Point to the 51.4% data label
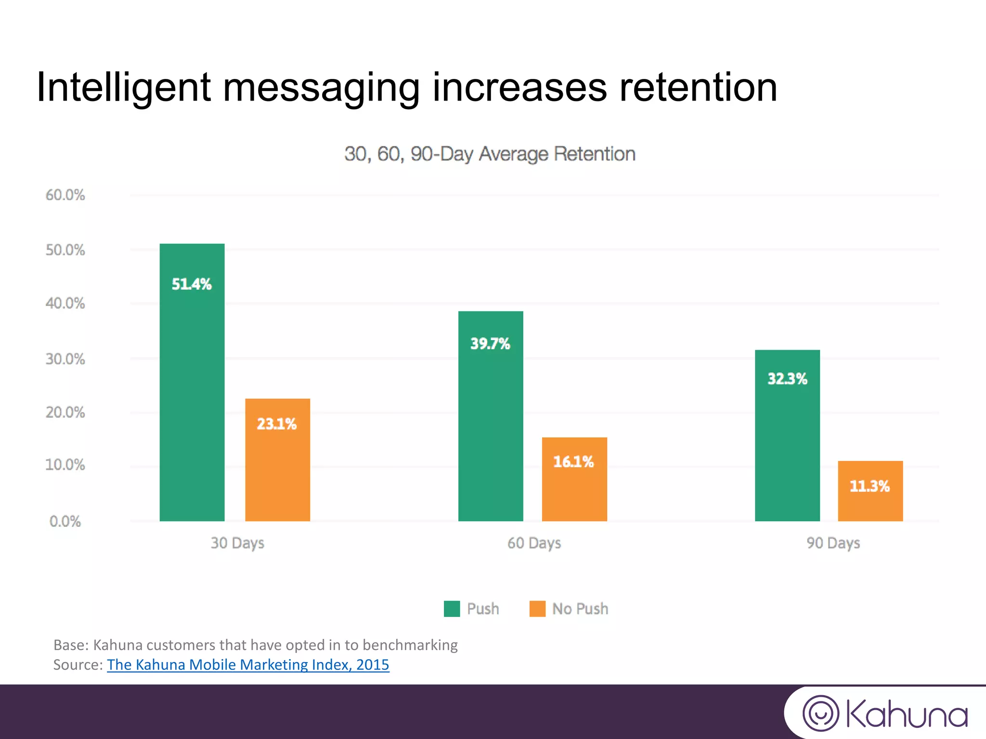tap(192, 284)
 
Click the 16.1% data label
tap(573, 462)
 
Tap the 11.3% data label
tap(869, 486)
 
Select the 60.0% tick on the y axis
tap(65, 195)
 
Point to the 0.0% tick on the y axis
tap(65, 521)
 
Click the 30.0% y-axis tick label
tap(65, 359)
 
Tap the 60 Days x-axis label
tap(534, 543)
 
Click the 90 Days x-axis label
tap(833, 543)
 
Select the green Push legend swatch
tap(452, 609)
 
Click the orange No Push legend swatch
tap(537, 609)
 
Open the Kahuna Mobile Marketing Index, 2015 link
tap(248, 664)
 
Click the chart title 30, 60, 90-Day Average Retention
tap(490, 154)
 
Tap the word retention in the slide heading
tap(698, 87)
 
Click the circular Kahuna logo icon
tap(821, 714)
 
